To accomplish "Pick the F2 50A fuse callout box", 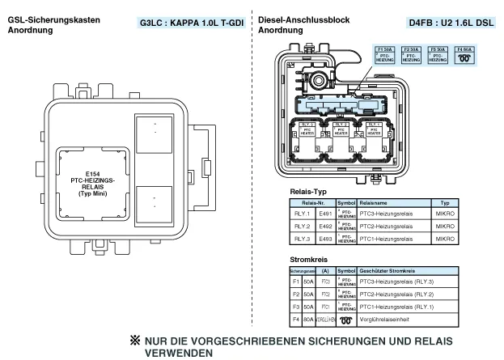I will point(412,54).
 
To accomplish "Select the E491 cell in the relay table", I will point(325,214).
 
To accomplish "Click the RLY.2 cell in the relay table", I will point(303,227).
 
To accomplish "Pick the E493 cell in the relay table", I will point(325,239).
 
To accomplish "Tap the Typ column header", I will point(444,202).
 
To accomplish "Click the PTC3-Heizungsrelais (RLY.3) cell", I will point(396,282).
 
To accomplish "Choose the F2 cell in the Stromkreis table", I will point(297,294).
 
